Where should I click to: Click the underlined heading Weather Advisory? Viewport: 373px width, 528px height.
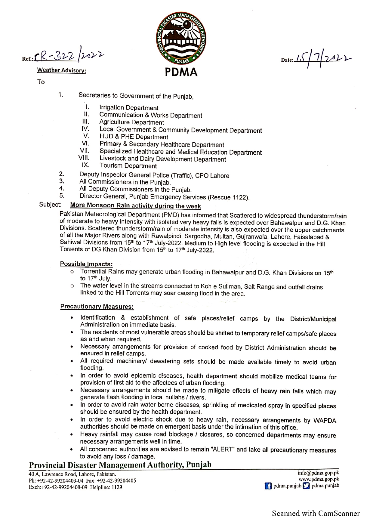61,70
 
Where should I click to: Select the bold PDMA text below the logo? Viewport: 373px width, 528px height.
181,72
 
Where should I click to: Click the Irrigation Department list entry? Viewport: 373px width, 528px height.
129,108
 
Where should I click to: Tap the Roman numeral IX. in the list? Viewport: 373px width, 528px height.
85,165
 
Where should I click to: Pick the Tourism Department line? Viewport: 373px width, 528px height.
128,166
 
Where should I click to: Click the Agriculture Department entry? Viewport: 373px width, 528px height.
131,122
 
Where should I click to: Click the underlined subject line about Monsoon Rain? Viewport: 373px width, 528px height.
135,206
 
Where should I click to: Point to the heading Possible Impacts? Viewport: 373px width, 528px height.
86,264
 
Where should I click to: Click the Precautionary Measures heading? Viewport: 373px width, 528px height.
97,307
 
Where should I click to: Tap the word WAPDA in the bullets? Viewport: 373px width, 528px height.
325,421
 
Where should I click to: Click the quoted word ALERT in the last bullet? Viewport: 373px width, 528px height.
223,449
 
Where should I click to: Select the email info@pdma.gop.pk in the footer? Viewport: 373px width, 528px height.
319,473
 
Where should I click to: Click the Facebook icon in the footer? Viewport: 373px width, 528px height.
268,486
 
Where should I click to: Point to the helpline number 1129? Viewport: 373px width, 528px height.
117,487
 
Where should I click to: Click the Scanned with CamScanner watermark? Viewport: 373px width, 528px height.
316,514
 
